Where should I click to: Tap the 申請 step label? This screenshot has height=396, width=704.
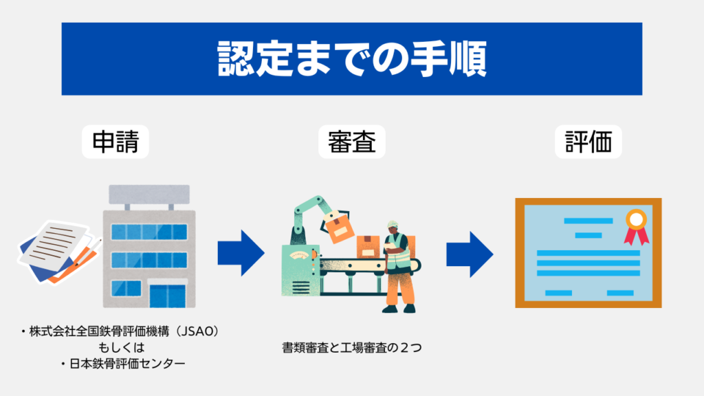(x=115, y=142)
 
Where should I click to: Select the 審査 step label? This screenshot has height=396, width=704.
(x=351, y=142)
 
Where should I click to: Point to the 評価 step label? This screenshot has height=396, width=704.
(x=588, y=142)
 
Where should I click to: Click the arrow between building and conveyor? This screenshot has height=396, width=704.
(x=241, y=253)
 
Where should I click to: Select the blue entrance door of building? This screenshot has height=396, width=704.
(x=167, y=294)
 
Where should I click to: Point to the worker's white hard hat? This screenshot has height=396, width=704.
(x=393, y=224)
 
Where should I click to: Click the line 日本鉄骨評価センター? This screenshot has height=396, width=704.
(x=122, y=363)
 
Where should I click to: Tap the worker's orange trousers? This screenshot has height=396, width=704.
(x=397, y=289)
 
